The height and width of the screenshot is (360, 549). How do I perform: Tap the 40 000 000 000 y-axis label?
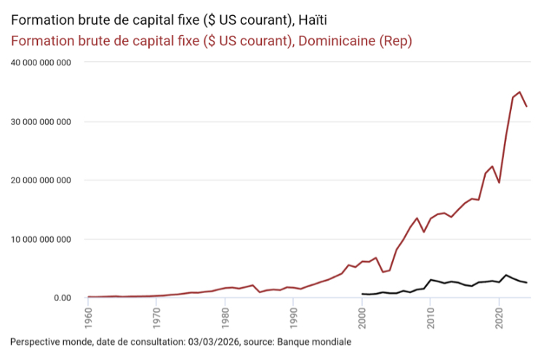tap(40, 63)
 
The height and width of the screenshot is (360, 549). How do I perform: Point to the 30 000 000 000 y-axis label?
tap(40, 121)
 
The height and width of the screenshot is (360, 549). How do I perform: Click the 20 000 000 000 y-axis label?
tap(40, 180)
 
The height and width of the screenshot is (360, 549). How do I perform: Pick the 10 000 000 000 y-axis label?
tap(40, 239)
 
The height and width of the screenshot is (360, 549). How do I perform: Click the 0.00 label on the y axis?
tap(60, 297)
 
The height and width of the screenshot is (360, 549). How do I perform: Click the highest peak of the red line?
tap(519, 92)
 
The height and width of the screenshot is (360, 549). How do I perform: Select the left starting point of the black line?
tap(362, 294)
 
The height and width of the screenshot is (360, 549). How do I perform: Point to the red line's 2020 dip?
tap(499, 183)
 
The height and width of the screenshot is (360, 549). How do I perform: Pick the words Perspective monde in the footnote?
tap(46, 340)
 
